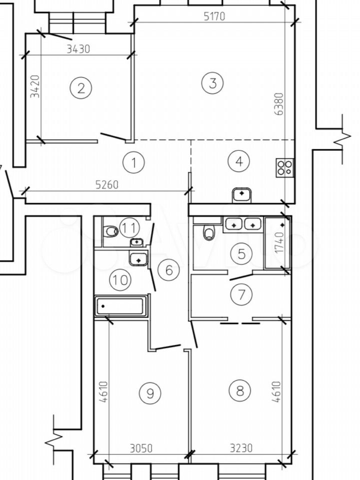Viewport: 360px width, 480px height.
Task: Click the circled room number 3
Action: click(213, 83)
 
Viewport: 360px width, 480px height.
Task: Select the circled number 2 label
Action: click(81, 88)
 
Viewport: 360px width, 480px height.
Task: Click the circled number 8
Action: click(239, 390)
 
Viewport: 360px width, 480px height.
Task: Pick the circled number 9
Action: click(150, 393)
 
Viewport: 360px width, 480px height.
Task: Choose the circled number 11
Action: click(129, 228)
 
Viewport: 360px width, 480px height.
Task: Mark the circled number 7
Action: click(241, 294)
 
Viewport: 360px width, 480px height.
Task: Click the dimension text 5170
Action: click(214, 16)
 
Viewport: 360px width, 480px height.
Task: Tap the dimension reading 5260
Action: click(106, 185)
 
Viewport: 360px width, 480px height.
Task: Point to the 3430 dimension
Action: click(78, 49)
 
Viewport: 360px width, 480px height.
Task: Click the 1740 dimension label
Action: click(280, 242)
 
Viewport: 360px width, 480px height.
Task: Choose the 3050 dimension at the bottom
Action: click(141, 448)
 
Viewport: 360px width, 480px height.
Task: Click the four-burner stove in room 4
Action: click(284, 168)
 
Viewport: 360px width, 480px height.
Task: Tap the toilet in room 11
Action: click(110, 231)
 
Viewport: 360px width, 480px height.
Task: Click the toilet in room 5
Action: click(209, 232)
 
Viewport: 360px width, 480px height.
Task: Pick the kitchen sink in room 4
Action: click(242, 195)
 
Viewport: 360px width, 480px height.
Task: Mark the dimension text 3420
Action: click(35, 86)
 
